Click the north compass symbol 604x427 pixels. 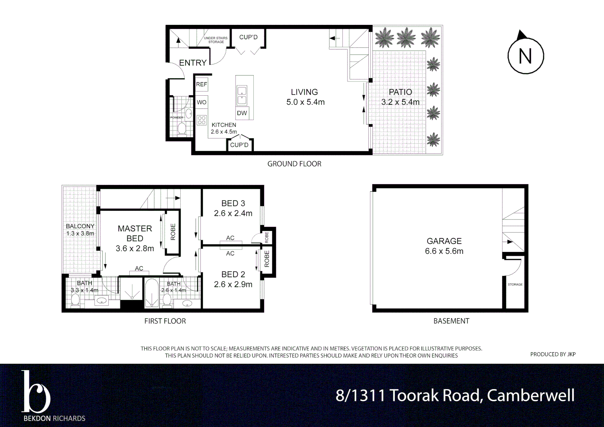coord(525,56)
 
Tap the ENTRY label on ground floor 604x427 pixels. coord(193,63)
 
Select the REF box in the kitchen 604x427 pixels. coord(201,84)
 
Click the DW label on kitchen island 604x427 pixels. coord(242,113)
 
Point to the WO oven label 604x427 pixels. coord(202,102)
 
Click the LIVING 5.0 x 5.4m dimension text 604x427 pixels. coord(305,102)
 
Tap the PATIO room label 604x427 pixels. coord(400,92)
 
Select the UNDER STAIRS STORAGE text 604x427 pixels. coord(216,40)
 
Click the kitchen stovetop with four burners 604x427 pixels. coord(202,120)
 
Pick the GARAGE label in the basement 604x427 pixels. coord(444,241)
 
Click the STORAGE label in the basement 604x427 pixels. coord(515,285)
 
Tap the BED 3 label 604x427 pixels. coord(233,203)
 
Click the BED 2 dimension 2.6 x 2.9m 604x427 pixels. coord(233,284)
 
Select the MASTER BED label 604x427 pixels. coord(135,233)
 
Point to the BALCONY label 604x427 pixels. coord(80,226)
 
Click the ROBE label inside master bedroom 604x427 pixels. coord(173,232)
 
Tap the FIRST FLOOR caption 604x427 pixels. coord(165,321)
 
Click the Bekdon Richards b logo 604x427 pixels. coord(36,392)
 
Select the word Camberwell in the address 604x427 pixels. coord(530,395)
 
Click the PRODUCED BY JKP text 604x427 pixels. coord(553,354)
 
